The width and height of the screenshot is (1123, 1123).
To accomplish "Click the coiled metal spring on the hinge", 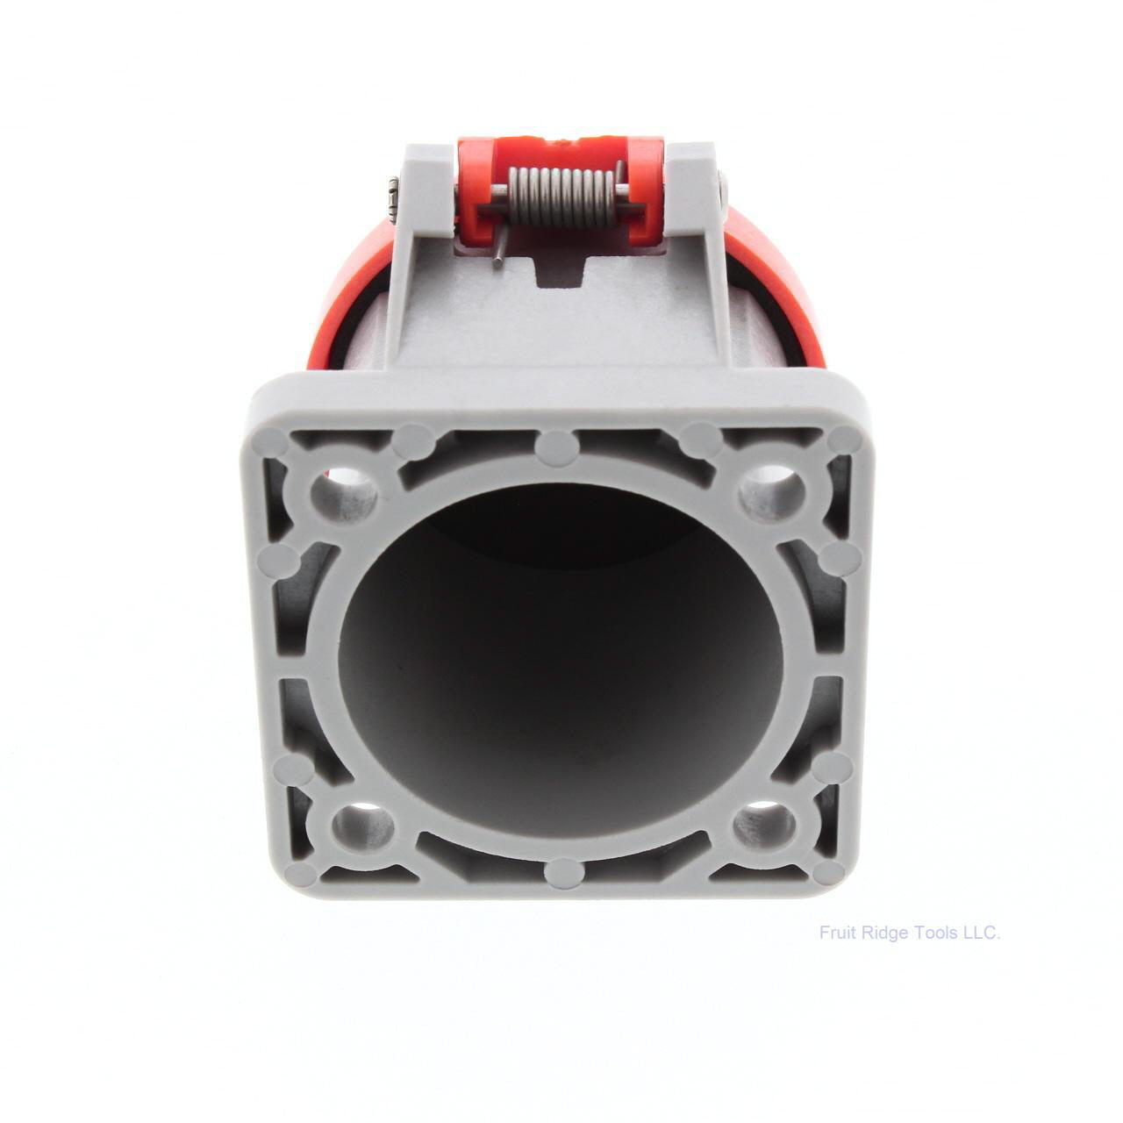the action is click(x=561, y=196).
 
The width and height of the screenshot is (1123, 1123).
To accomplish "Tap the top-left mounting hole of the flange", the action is click(x=344, y=494).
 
